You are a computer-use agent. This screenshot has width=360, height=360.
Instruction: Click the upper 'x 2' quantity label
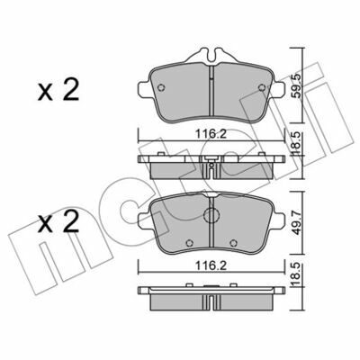(x=58, y=90)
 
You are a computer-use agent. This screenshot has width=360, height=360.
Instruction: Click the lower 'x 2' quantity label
(x=58, y=221)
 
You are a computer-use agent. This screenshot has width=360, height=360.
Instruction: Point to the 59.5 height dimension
(x=296, y=86)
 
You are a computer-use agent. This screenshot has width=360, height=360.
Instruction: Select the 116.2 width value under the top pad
(x=211, y=134)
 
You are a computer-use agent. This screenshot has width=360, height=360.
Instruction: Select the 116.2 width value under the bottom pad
(x=211, y=265)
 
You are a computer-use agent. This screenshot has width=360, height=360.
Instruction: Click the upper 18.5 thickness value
(x=296, y=143)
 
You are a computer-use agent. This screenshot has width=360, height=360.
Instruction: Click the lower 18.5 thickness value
(x=296, y=274)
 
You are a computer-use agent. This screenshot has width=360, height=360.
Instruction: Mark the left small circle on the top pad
(x=161, y=87)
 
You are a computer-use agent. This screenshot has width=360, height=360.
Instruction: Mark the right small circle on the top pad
(x=262, y=87)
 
